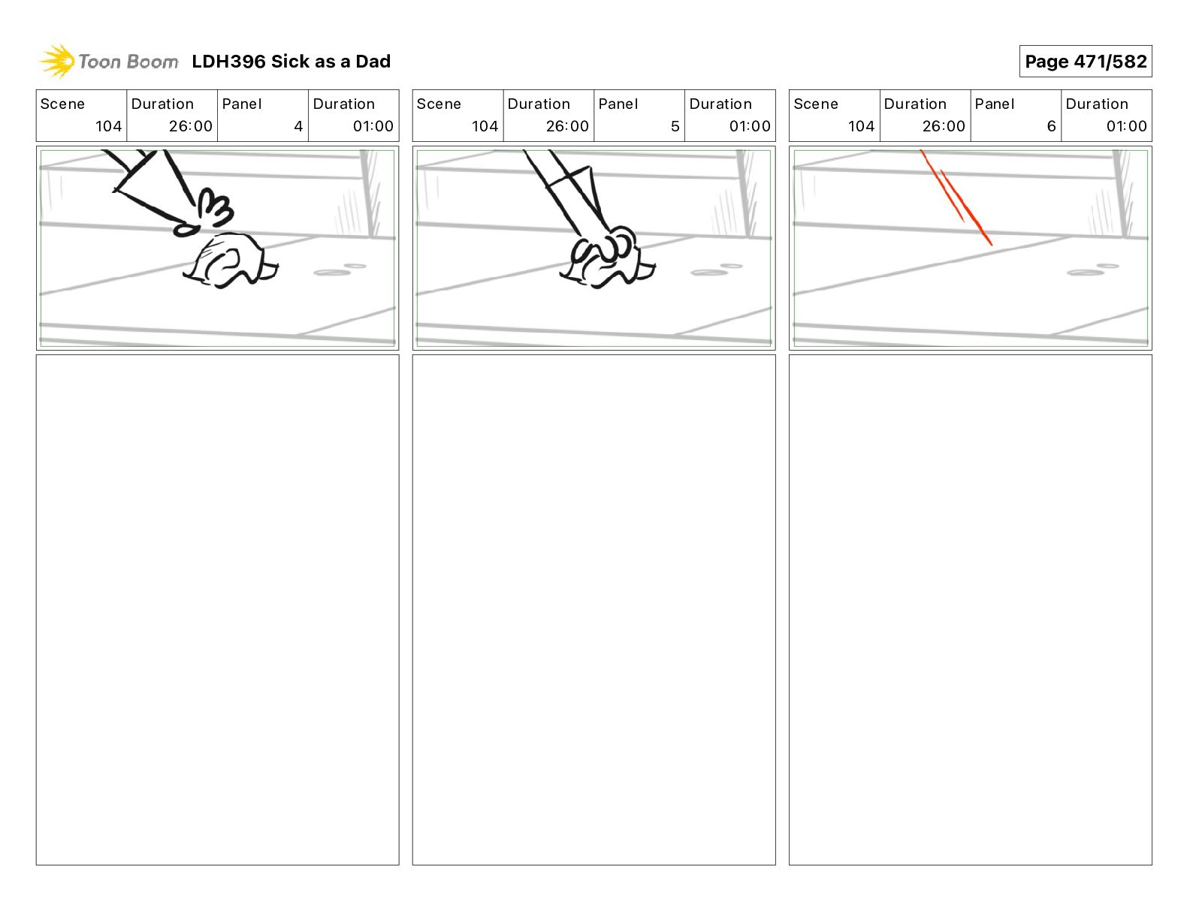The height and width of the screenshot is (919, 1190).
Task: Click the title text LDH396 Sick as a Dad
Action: pos(291,62)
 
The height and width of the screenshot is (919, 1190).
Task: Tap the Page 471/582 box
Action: pos(1086,62)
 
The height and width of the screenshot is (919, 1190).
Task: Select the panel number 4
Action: pos(298,126)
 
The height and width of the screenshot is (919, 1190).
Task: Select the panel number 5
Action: pos(675,126)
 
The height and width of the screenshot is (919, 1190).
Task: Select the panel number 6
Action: pos(1052,126)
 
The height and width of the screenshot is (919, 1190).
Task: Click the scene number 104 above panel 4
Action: pos(108,126)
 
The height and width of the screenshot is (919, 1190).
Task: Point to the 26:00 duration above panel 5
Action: pos(567,126)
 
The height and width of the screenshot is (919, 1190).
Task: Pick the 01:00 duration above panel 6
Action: pos(1126,126)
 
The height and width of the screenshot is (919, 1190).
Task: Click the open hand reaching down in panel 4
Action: pos(205,213)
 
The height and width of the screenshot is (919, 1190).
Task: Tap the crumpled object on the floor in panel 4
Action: pos(230,261)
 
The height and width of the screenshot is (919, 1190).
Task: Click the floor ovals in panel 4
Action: pos(340,270)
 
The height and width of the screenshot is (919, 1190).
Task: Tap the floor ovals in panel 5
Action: pos(716,270)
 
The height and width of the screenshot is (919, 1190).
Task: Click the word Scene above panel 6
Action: pos(815,104)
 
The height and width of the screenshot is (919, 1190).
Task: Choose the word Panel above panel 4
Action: pos(241,104)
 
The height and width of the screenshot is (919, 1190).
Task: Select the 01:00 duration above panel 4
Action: pos(373,126)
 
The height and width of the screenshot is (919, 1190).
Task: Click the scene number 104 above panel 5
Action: pos(485,126)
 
